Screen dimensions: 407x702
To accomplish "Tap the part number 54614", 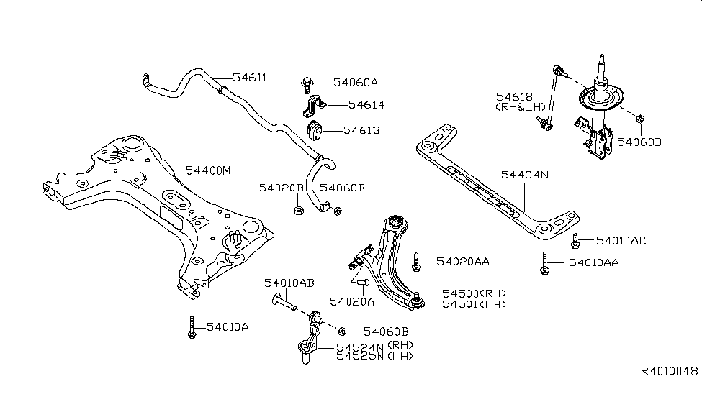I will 366,105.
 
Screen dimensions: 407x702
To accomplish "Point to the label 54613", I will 361,130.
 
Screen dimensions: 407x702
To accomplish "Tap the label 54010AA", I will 593,263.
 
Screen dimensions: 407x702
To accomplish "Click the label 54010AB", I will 289,283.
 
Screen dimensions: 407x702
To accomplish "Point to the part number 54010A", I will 228,327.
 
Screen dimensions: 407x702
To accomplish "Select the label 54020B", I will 282,188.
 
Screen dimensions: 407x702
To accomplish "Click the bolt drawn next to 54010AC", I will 575,239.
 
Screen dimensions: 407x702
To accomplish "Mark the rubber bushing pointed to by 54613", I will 315,131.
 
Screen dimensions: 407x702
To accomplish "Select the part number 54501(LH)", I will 474,305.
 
